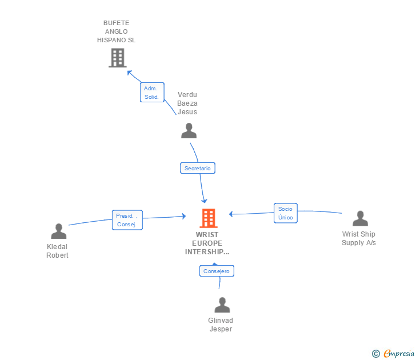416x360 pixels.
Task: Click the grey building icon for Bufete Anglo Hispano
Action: click(x=117, y=58)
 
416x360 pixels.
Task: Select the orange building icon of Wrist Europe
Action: click(x=209, y=218)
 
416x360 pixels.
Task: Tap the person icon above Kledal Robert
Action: click(x=58, y=231)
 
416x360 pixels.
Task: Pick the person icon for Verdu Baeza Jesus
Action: click(x=189, y=131)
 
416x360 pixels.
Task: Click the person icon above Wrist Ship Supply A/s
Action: click(x=360, y=219)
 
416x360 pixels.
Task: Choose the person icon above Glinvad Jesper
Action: click(x=222, y=305)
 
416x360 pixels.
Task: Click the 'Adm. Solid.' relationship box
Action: click(x=152, y=93)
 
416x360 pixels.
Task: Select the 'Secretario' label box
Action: click(x=198, y=168)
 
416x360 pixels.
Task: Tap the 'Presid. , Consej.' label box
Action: click(x=127, y=220)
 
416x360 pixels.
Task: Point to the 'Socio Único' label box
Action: click(x=285, y=213)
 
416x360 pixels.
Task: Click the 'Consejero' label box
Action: click(x=217, y=271)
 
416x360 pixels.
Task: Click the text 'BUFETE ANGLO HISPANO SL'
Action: click(x=116, y=31)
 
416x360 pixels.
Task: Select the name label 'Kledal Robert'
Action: click(x=57, y=251)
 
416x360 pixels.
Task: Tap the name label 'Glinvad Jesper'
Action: click(x=221, y=325)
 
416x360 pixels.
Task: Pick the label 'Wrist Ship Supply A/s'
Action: click(x=359, y=238)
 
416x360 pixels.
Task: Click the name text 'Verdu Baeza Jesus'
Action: click(x=187, y=103)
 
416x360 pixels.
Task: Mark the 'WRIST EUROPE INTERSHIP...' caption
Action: click(x=207, y=243)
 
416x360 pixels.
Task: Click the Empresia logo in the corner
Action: click(x=398, y=354)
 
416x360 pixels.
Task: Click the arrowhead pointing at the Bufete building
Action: click(x=129, y=73)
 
